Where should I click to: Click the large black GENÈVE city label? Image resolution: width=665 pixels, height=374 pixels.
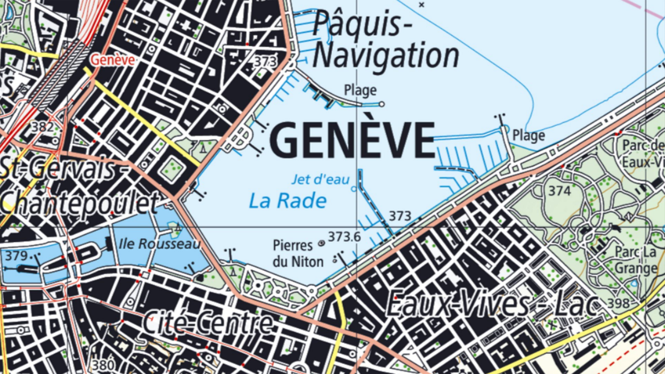(x=352, y=141)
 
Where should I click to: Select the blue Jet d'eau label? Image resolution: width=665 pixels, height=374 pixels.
(x=321, y=180)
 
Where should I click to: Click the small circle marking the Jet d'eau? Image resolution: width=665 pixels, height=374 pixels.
(x=354, y=189)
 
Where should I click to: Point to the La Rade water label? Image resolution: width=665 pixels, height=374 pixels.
(x=288, y=201)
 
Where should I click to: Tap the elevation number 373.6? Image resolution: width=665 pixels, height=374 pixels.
(x=344, y=237)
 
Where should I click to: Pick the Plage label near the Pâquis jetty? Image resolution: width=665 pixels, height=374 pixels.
(x=360, y=90)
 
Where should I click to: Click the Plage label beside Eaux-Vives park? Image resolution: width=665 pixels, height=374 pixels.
(x=528, y=136)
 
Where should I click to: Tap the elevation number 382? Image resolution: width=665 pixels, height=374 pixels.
(x=43, y=127)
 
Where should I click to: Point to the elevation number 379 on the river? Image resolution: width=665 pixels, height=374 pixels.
(x=16, y=256)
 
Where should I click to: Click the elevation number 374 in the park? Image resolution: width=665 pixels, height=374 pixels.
(x=559, y=191)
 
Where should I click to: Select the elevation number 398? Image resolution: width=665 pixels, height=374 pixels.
(x=618, y=304)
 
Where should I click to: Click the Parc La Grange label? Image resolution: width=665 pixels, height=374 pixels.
(x=635, y=260)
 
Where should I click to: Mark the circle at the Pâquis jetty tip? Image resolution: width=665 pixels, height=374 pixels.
(x=382, y=104)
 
